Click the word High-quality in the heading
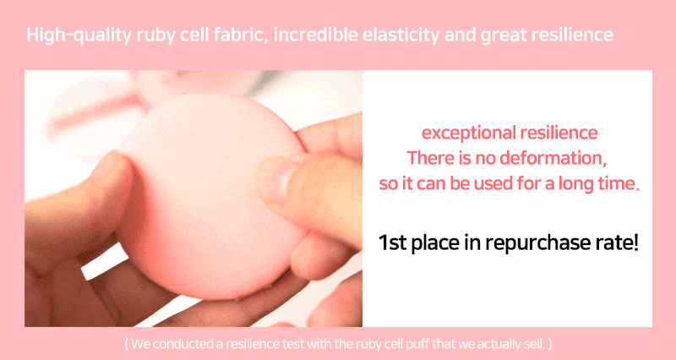(79, 35)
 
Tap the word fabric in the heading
(243, 34)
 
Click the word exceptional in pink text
(465, 134)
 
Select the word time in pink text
(620, 183)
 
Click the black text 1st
(392, 243)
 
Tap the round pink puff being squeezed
(211, 194)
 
